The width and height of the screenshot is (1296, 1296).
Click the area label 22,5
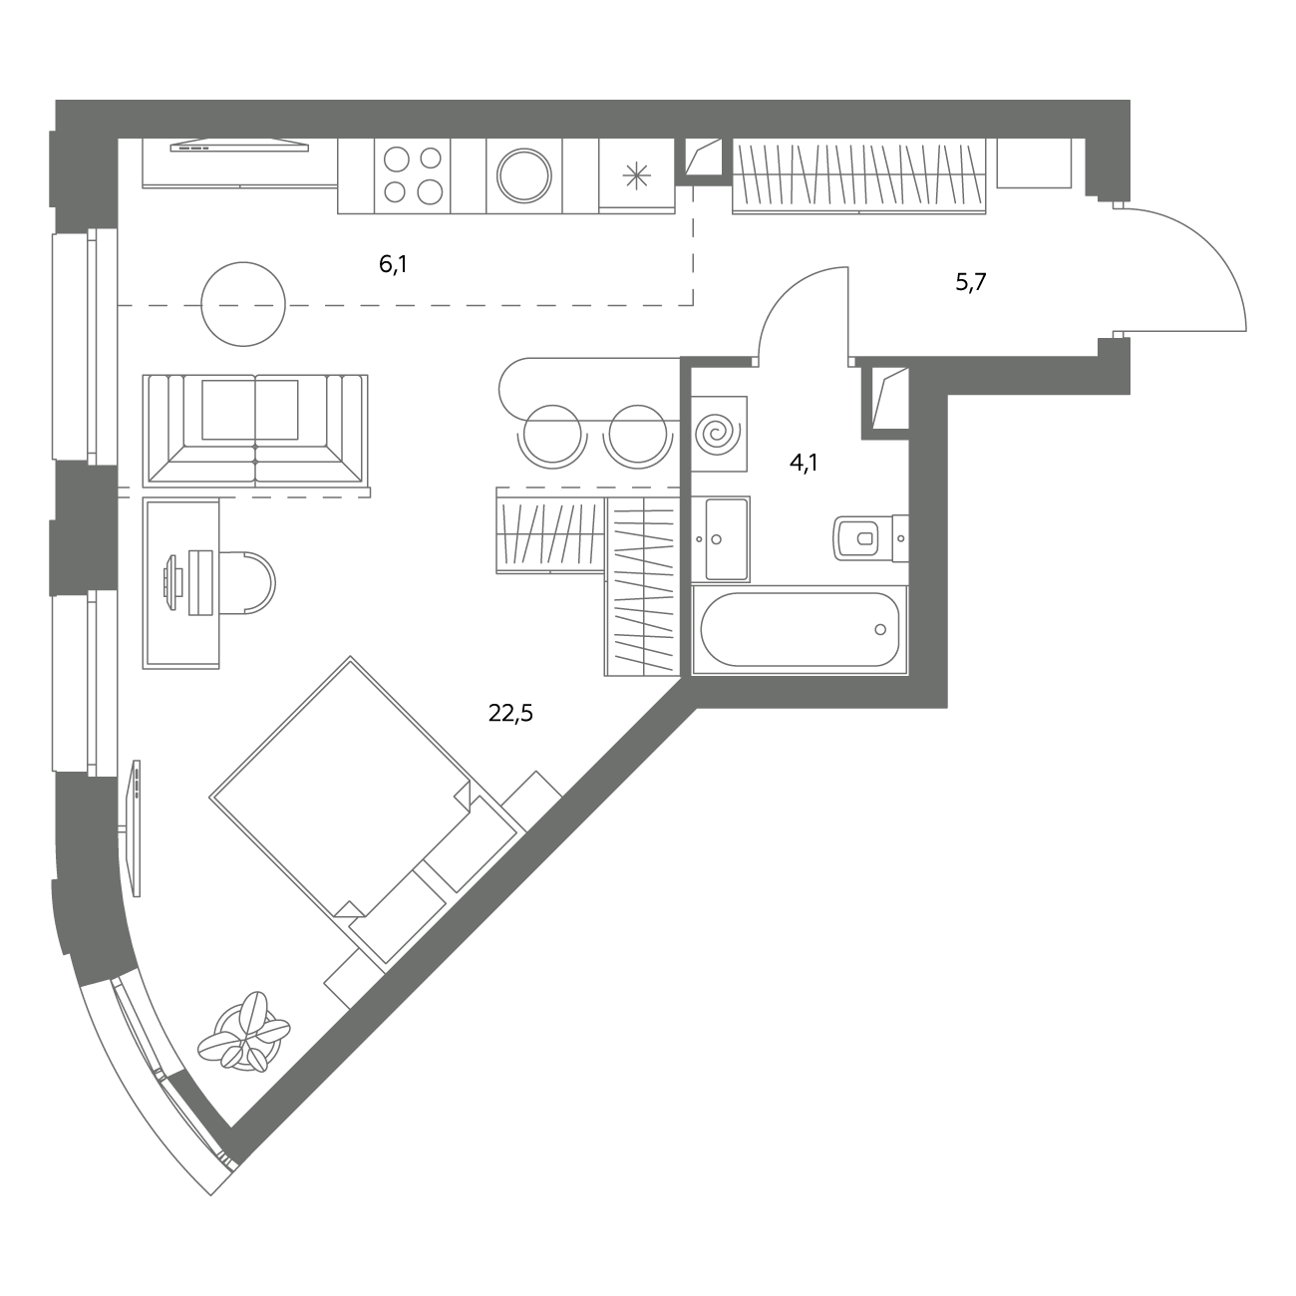(510, 713)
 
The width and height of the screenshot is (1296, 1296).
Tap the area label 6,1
(393, 264)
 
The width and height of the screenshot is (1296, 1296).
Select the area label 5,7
(970, 282)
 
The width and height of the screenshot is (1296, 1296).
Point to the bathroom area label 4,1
(804, 463)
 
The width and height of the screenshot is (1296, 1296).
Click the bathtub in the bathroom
(800, 629)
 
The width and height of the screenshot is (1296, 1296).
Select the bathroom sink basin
(720, 538)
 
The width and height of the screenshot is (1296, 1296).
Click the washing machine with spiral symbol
(719, 434)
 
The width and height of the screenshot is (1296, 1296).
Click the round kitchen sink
(524, 176)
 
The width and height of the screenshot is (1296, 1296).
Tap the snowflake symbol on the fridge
(636, 176)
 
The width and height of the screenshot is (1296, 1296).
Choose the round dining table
(243, 304)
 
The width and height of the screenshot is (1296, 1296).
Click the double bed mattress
(340, 787)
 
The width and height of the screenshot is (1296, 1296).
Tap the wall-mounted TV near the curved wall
(137, 827)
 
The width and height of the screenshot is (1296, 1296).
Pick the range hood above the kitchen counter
(239, 146)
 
